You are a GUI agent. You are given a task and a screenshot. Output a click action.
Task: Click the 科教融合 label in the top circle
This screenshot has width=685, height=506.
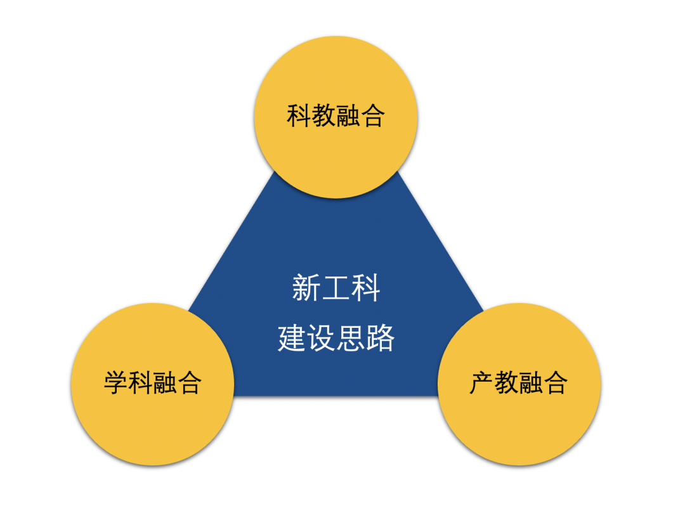[x=336, y=116]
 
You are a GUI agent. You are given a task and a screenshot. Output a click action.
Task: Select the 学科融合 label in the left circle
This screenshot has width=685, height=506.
[x=152, y=382]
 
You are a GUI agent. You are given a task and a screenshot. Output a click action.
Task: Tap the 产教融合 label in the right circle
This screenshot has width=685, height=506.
[x=519, y=382]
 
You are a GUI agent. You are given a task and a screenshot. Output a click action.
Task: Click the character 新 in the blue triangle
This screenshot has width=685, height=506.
[x=304, y=288]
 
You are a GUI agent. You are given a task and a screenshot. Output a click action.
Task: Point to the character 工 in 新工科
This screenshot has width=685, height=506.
[x=336, y=288]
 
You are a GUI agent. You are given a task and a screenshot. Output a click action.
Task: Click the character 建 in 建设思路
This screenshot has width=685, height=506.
[x=291, y=338]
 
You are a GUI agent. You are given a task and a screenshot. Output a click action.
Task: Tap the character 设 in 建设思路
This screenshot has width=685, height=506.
[x=321, y=338]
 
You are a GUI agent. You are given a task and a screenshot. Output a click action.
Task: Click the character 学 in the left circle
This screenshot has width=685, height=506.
[x=115, y=382]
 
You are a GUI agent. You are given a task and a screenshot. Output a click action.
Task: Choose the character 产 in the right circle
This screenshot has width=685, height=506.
[x=482, y=382]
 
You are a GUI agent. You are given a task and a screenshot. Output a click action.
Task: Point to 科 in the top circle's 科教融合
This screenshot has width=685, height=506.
[x=299, y=116]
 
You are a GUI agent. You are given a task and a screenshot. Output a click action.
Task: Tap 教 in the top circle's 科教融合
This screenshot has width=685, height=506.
[x=323, y=116]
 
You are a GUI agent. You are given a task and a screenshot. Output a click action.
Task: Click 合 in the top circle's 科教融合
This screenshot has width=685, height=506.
[x=372, y=116]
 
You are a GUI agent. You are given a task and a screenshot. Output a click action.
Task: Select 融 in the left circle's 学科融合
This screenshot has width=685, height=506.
[x=165, y=382]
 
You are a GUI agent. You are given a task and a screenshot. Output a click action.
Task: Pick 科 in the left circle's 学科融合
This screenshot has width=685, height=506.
[x=140, y=382]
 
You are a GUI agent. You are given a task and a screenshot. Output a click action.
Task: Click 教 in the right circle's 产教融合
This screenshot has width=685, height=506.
[x=507, y=382]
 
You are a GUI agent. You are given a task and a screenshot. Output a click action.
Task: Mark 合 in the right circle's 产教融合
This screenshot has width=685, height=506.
[x=556, y=382]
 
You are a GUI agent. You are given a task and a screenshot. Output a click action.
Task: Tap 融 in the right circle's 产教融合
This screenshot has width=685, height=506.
[x=532, y=382]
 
